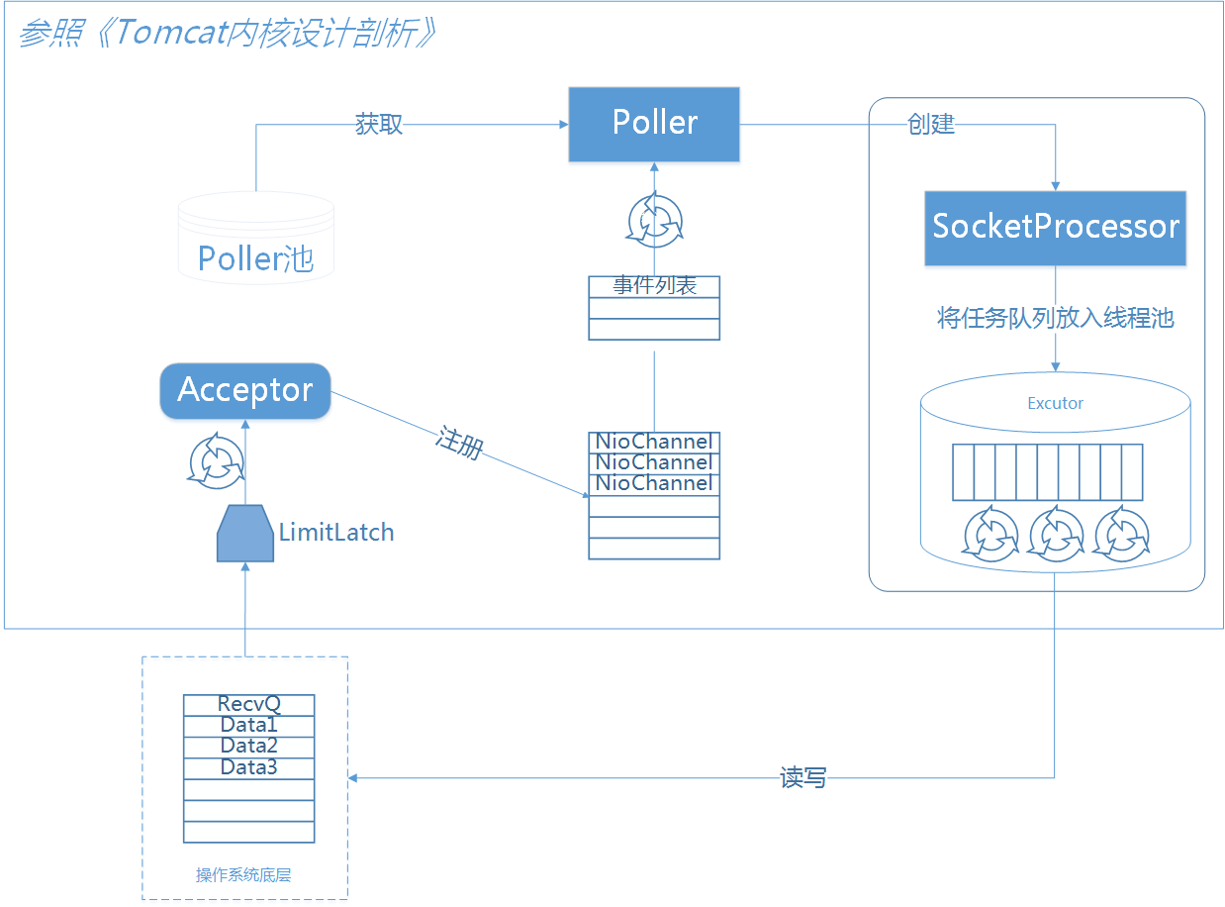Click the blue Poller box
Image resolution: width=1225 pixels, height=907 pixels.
[654, 124]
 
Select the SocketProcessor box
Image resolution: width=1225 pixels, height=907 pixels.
[1055, 228]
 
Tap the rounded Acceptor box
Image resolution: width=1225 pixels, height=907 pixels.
[244, 390]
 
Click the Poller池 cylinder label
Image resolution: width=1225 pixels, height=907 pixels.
[255, 258]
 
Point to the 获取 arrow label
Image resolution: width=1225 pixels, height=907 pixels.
[379, 125]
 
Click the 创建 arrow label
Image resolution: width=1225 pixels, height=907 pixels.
[930, 125]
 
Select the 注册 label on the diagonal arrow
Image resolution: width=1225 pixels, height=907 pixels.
[459, 443]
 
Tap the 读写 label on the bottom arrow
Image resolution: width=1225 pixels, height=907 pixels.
[802, 778]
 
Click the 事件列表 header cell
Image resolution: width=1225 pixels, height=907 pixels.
[654, 286]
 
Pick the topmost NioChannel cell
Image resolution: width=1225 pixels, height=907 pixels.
[654, 442]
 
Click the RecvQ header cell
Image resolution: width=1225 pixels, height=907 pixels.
[248, 704]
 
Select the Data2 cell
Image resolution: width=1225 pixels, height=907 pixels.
[248, 747]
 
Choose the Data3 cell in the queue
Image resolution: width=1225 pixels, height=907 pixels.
[248, 768]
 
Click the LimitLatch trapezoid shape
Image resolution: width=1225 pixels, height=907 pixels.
[244, 534]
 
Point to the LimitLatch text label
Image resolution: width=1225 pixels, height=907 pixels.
[336, 533]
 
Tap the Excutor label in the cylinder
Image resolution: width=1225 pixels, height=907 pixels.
[1055, 403]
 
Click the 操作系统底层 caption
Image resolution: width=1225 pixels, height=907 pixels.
[243, 874]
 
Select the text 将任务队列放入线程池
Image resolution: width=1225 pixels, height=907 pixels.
[1055, 319]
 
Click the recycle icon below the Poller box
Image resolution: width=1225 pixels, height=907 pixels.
[654, 221]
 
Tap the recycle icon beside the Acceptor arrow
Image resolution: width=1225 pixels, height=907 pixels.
[216, 460]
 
